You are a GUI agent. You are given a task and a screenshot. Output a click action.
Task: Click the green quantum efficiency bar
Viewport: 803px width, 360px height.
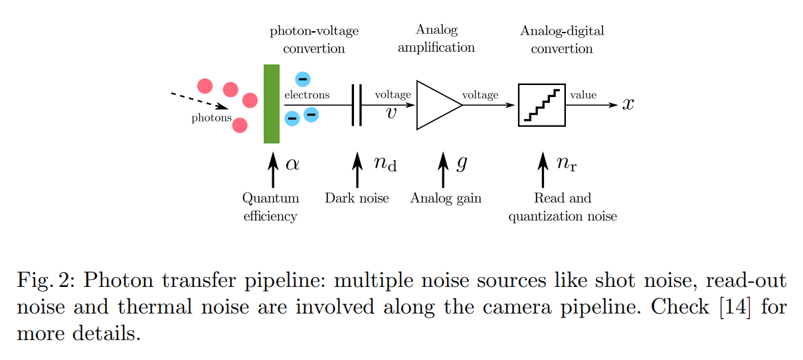click(271, 104)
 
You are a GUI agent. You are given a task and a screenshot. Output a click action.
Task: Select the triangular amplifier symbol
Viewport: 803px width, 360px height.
click(436, 105)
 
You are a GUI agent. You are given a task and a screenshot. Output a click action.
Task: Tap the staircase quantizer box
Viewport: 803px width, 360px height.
click(541, 105)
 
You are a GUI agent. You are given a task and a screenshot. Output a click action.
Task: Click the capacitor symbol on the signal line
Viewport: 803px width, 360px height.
click(357, 105)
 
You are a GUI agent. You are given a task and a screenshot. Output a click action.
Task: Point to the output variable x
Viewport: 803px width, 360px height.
click(628, 105)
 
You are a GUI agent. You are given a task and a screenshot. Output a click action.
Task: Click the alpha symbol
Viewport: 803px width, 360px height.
click(292, 164)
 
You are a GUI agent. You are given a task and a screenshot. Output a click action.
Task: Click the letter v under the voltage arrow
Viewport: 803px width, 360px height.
click(391, 113)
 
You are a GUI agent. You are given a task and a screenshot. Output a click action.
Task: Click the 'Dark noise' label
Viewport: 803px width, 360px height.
click(357, 198)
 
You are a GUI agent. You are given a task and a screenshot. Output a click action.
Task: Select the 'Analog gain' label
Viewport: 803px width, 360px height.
click(445, 198)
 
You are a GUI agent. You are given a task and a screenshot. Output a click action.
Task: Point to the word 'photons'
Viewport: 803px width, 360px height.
click(211, 119)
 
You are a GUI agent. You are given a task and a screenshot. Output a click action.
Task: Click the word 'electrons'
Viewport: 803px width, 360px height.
click(307, 95)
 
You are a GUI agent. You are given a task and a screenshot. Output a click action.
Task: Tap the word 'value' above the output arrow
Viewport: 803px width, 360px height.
click(583, 95)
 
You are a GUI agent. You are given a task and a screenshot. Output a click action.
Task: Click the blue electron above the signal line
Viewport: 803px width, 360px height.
click(302, 79)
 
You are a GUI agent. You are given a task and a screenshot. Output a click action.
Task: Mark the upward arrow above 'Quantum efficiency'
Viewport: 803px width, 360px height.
click(272, 170)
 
